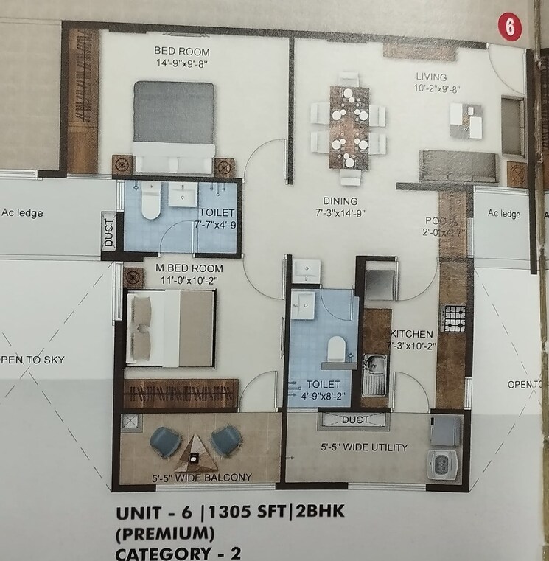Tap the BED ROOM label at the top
pyautogui.click(x=182, y=52)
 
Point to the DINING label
pyautogui.click(x=340, y=201)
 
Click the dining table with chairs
pyautogui.click(x=349, y=128)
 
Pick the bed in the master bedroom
pyautogui.click(x=171, y=327)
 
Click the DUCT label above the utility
pyautogui.click(x=356, y=419)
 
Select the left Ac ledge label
pyautogui.click(x=22, y=214)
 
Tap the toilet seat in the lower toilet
pyautogui.click(x=336, y=348)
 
